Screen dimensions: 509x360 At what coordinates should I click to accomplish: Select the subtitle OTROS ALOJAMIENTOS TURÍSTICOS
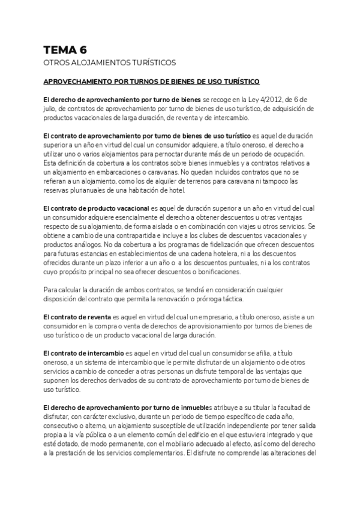(110, 62)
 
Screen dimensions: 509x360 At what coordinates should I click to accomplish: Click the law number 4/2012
(269, 98)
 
